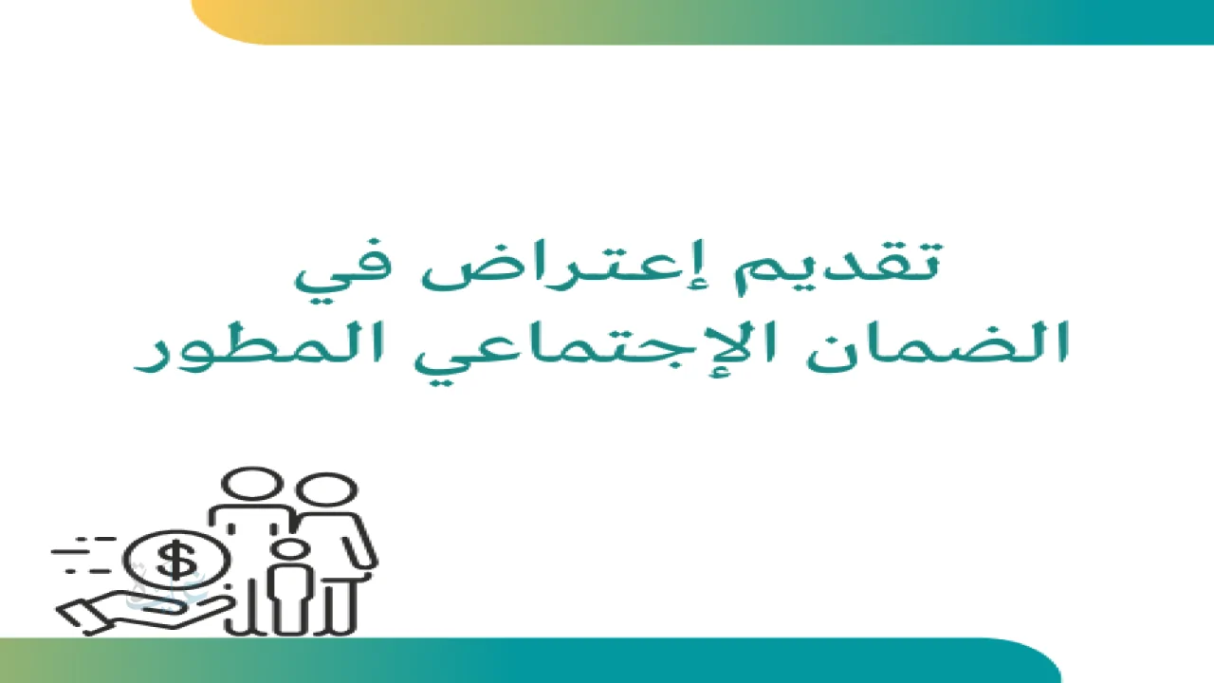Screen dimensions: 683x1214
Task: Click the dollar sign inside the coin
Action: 176,560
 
